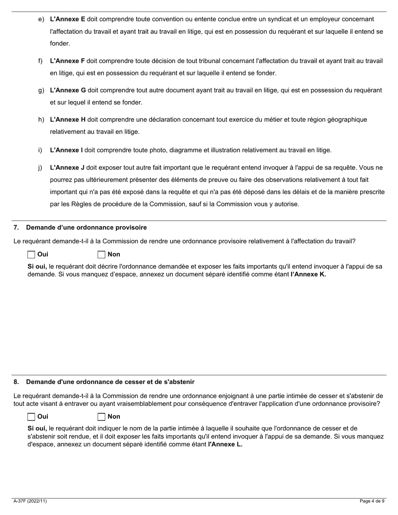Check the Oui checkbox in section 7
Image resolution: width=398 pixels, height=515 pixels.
31,255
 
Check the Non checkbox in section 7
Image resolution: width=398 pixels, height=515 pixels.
101,255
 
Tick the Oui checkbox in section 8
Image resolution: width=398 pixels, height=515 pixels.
31,417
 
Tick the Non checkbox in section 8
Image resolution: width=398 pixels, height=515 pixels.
101,417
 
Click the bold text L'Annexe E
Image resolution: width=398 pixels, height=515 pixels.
67,19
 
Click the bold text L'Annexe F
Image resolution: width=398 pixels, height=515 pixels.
67,61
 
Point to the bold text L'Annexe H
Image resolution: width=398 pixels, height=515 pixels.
67,120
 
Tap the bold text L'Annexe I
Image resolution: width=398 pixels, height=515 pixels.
66,150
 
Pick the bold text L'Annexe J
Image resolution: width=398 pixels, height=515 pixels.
67,167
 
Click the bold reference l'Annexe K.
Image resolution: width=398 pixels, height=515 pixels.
308,275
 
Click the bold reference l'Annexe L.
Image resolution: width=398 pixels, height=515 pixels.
225,444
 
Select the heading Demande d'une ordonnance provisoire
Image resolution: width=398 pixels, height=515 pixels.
86,228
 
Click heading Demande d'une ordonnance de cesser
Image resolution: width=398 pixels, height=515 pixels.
110,382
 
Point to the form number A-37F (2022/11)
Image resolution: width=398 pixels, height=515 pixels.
30,501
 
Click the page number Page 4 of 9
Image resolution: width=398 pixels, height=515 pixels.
372,501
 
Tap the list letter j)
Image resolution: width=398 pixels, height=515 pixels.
40,167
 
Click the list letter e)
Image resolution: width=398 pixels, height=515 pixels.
41,19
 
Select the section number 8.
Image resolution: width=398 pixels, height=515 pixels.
16,382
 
